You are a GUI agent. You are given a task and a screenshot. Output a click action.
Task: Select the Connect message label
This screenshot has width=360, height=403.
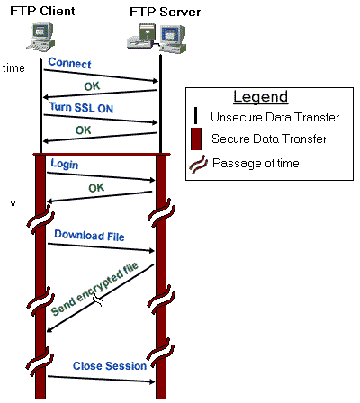(x=68, y=63)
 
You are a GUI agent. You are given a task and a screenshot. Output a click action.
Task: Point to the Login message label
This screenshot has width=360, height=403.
(x=64, y=164)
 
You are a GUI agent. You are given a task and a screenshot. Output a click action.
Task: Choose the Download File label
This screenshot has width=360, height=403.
(x=88, y=235)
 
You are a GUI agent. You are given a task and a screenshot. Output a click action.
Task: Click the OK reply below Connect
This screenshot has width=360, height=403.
(x=92, y=85)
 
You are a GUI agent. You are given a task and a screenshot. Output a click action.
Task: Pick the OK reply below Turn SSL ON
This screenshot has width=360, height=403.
(x=83, y=130)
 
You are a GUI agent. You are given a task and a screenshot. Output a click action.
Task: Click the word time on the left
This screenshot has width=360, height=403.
(x=13, y=68)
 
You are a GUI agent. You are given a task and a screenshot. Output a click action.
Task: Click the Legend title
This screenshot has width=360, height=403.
(x=260, y=97)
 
